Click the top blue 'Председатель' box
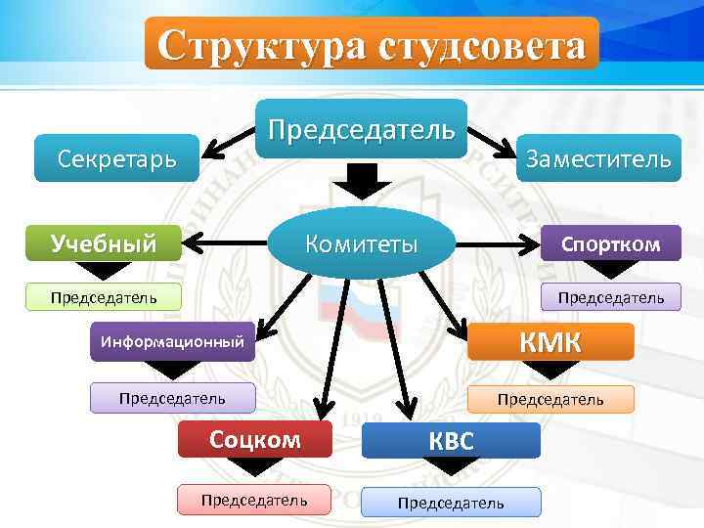point(362,128)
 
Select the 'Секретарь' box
point(116,158)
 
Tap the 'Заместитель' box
point(597,158)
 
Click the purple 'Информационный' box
point(172,341)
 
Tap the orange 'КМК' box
point(550,341)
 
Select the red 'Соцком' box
point(254,439)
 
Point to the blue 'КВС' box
point(451,441)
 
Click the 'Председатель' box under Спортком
point(610,296)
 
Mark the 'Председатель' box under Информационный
point(172,398)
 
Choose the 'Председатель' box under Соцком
point(254,500)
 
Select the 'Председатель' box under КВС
point(451,502)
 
